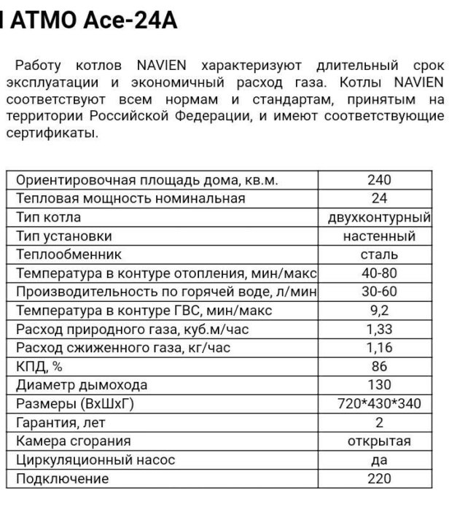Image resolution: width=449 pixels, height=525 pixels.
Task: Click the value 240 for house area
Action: pyautogui.click(x=379, y=180)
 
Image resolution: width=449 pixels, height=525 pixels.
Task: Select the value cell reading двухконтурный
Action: pyautogui.click(x=379, y=217)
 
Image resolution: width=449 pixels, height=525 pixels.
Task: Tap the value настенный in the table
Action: pyautogui.click(x=379, y=236)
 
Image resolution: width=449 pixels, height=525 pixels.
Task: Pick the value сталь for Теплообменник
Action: pyautogui.click(x=379, y=254)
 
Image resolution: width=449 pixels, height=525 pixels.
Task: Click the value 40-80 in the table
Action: pyautogui.click(x=379, y=273)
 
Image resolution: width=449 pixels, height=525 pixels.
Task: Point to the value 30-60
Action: pyautogui.click(x=379, y=292)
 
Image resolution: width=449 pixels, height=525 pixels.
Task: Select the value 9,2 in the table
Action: pyautogui.click(x=379, y=311)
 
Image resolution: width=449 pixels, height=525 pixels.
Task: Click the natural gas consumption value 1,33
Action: pyautogui.click(x=379, y=330)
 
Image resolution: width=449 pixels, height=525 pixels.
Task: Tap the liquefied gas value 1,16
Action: pyautogui.click(x=379, y=348)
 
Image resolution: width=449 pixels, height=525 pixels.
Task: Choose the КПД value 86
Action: pyautogui.click(x=379, y=367)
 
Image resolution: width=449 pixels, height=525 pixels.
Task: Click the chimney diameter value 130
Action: pyautogui.click(x=379, y=385)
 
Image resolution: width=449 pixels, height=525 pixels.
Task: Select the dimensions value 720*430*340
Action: pyautogui.click(x=379, y=404)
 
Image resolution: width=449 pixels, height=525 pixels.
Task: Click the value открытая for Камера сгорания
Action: pyautogui.click(x=379, y=441)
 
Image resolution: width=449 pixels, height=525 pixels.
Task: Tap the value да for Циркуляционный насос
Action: pyautogui.click(x=379, y=460)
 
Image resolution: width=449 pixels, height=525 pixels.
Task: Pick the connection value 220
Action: pyautogui.click(x=379, y=479)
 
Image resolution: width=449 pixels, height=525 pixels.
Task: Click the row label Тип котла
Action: pyautogui.click(x=48, y=217)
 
